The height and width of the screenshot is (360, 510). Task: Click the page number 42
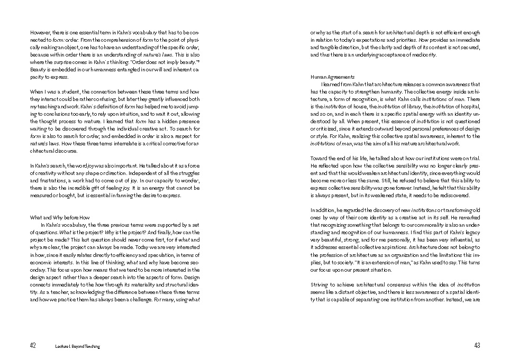point(33,346)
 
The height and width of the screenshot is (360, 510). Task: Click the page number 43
point(477,346)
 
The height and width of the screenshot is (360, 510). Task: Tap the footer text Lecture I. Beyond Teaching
point(77,346)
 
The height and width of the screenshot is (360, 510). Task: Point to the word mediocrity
point(423,55)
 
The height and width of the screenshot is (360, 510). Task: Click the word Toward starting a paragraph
point(320,158)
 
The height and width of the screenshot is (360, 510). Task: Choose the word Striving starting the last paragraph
point(320,284)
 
